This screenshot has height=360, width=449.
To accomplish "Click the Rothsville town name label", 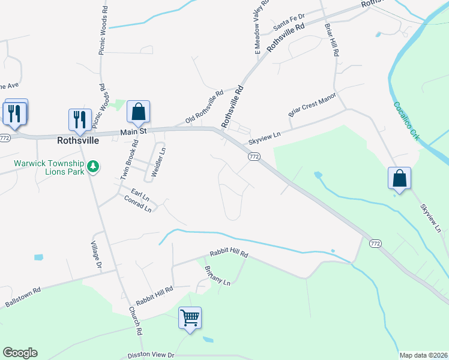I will (x=77, y=141).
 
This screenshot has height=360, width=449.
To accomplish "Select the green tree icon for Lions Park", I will (x=93, y=166).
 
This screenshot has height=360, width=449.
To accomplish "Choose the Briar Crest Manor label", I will (x=312, y=104).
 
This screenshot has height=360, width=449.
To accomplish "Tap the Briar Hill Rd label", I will (x=331, y=41).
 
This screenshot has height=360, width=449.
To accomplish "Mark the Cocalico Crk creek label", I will (x=406, y=121).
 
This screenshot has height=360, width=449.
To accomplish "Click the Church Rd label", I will (x=135, y=321).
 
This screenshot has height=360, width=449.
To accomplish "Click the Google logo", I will (x=20, y=353).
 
